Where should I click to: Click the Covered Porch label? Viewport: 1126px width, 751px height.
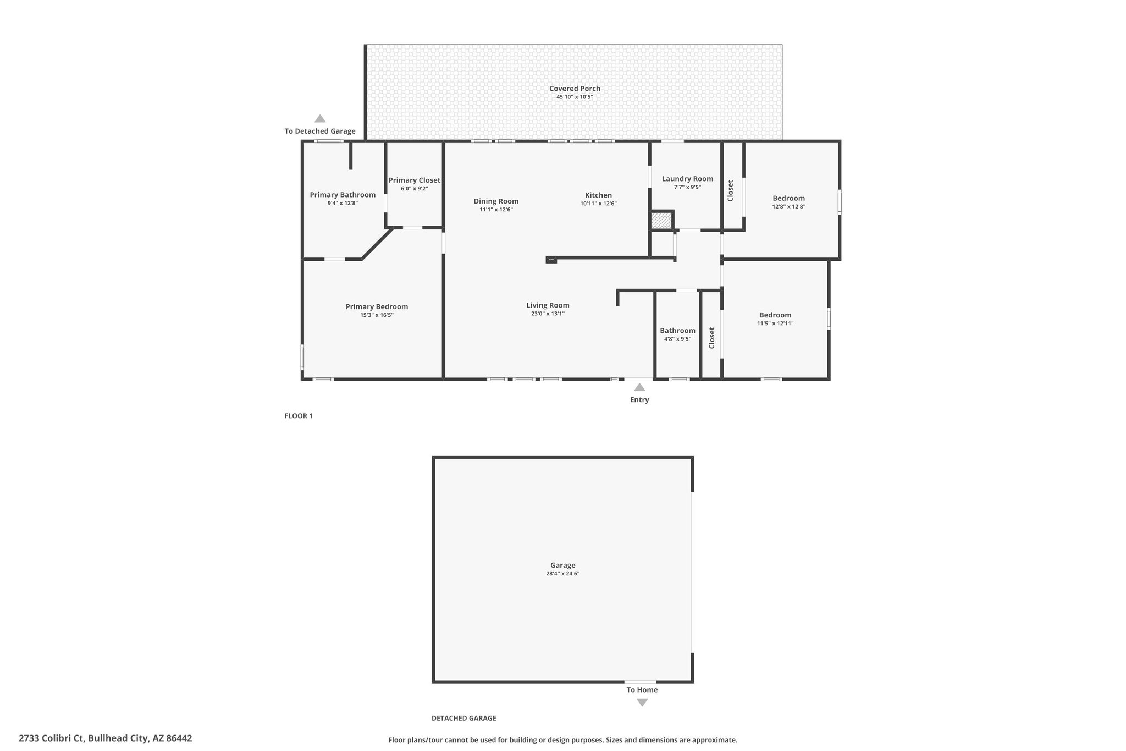coord(575,89)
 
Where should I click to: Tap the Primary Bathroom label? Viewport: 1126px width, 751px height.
coord(343,195)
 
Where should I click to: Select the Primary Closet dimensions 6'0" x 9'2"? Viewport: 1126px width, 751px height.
coord(414,189)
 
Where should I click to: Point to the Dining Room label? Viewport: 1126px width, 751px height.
coord(496,201)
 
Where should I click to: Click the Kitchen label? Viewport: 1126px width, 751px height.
coord(598,195)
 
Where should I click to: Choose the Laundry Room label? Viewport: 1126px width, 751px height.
coord(687,179)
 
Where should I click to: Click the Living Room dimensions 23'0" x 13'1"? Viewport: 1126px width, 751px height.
coord(548,314)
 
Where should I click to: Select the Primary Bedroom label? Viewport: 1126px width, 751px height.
coord(377,307)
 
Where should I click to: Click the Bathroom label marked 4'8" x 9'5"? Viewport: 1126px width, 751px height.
coord(677,331)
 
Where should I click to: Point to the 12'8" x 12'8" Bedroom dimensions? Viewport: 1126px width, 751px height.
coord(788,207)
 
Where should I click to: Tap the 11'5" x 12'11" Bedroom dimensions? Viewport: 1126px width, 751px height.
coord(775,324)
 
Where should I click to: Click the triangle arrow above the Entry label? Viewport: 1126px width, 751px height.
coord(639,387)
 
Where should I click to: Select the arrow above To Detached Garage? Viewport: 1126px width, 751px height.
coord(320,118)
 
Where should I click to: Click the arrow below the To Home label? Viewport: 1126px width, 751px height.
coord(642,703)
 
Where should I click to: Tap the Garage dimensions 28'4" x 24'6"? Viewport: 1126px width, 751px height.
coord(562,574)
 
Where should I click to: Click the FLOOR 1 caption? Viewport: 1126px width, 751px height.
coord(299,416)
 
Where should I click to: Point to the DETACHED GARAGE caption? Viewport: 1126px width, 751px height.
coord(463,718)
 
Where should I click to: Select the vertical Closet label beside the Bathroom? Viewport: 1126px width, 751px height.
coord(711,338)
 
